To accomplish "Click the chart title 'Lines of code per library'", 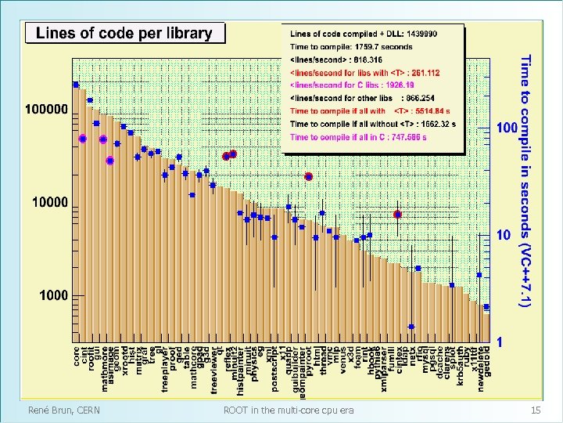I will (x=124, y=33).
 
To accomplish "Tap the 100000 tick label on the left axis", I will (x=46, y=110).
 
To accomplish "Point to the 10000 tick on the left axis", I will (x=49, y=203).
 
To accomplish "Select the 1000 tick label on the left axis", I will (x=52, y=295).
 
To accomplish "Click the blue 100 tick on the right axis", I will (x=507, y=126).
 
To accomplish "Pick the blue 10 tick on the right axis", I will (x=504, y=234).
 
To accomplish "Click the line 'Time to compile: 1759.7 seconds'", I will (x=351, y=47).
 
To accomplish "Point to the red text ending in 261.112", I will (x=364, y=72).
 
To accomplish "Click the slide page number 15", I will (x=536, y=410).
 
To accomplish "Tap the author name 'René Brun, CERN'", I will (x=64, y=410).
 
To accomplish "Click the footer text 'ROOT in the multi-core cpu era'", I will (x=288, y=410).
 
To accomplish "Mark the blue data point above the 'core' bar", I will (x=76, y=84).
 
